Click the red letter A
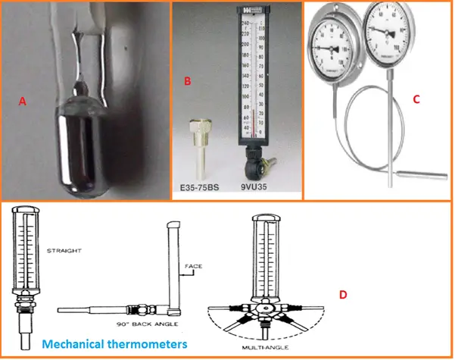pyautogui.click(x=23, y=101)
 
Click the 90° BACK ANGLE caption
pyautogui.click(x=108, y=324)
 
